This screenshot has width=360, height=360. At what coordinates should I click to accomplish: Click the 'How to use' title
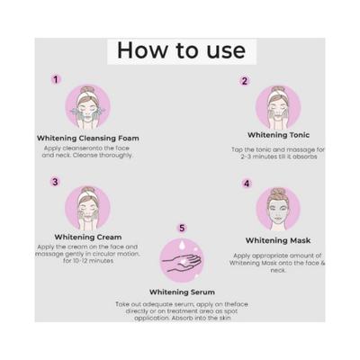click(180, 49)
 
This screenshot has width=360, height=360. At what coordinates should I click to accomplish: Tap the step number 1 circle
click(57, 79)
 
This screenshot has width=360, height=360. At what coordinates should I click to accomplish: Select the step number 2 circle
click(244, 81)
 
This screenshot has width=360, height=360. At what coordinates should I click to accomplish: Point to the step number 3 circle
click(56, 181)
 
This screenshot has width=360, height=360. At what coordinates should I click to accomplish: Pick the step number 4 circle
click(247, 184)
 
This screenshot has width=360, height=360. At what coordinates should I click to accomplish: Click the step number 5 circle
click(183, 229)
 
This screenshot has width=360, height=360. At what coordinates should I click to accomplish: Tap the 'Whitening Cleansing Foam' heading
click(88, 138)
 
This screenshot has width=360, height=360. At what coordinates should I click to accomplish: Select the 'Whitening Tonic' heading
click(278, 134)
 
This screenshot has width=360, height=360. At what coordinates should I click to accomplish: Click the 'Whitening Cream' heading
click(87, 237)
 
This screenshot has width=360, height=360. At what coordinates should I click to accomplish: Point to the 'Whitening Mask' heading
click(279, 240)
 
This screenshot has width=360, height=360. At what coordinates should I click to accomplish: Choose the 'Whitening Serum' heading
click(183, 292)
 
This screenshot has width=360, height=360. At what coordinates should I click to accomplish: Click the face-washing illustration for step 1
click(87, 106)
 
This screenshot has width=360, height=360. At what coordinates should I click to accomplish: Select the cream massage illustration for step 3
click(87, 207)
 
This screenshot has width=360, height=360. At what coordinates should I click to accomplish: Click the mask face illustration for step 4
click(279, 210)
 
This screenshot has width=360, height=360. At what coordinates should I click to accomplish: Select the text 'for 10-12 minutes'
click(87, 261)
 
